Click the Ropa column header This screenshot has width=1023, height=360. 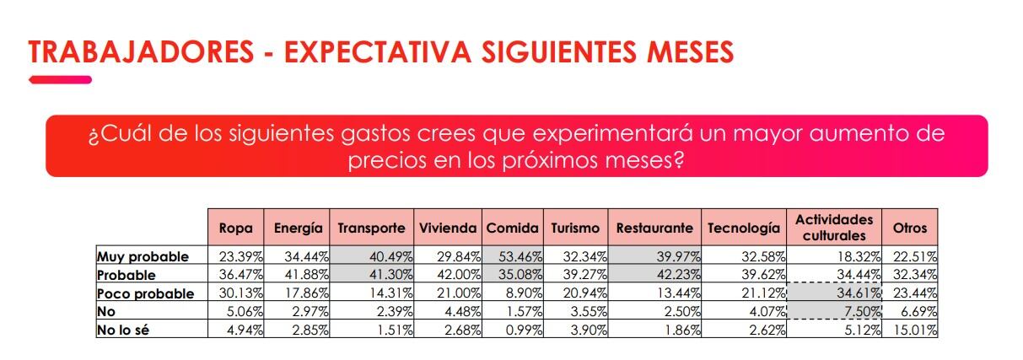click(235, 228)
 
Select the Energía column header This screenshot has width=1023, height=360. click(298, 228)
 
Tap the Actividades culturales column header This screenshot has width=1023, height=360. click(834, 228)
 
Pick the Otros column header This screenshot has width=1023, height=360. click(910, 228)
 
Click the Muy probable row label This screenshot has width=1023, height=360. click(143, 256)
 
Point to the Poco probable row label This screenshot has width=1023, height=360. click(145, 293)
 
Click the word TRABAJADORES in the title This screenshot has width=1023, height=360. click(135, 52)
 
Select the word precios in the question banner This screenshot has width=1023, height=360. click(387, 160)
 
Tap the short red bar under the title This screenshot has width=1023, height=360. click(60, 80)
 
